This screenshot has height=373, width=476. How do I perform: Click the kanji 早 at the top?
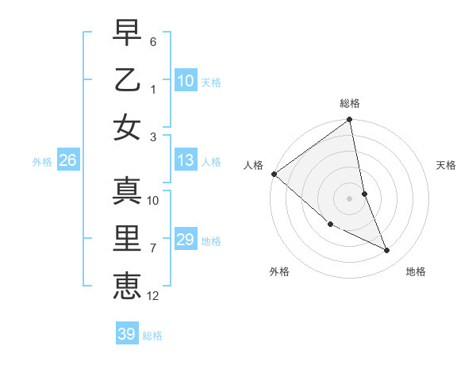[127, 34]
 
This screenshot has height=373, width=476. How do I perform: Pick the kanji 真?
[127, 191]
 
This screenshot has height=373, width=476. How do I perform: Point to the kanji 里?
[127, 237]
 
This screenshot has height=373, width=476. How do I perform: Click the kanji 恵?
[127, 283]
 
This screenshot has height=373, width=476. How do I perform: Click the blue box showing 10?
[185, 81]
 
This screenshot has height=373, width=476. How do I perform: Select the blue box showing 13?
[185, 161]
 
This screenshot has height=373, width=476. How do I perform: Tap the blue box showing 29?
[185, 240]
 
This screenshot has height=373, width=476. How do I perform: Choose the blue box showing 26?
[67, 161]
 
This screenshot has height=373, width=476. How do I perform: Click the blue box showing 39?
[126, 334]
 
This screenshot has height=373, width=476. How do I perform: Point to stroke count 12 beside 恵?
[153, 296]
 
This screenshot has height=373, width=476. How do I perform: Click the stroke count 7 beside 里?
[153, 248]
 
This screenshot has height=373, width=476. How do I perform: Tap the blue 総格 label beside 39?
[152, 336]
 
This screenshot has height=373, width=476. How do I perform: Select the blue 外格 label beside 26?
[42, 162]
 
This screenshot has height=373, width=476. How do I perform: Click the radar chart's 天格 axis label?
[447, 165]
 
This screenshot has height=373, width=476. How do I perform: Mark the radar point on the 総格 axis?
[349, 121]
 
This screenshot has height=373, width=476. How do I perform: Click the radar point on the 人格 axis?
[274, 174]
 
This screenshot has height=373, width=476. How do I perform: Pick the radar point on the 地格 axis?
[387, 251]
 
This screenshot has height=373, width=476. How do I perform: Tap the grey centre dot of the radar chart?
[349, 198]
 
